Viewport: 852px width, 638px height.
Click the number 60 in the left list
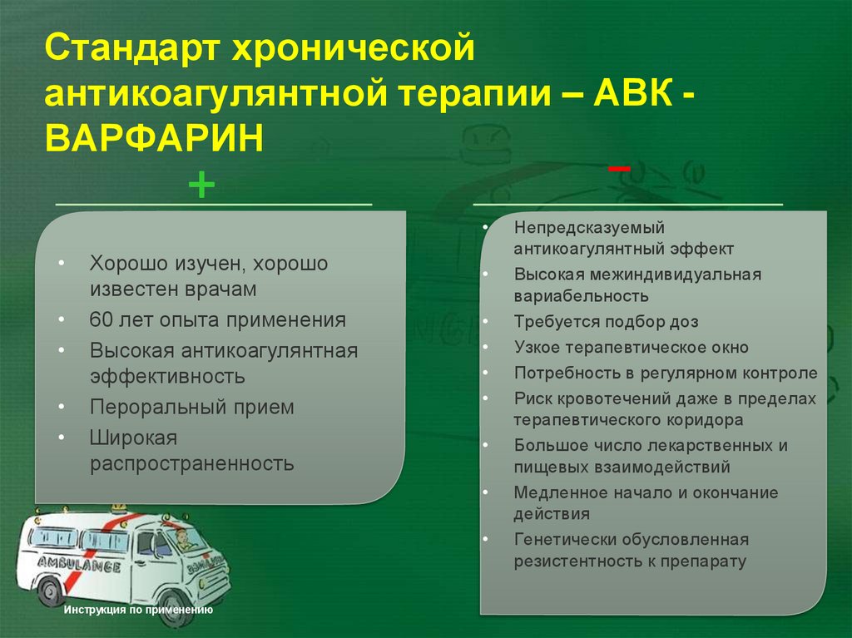102,319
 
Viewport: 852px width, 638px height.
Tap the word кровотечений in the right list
608,398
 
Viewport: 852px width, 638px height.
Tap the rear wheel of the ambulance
52,592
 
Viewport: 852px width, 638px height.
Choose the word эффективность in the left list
167,376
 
